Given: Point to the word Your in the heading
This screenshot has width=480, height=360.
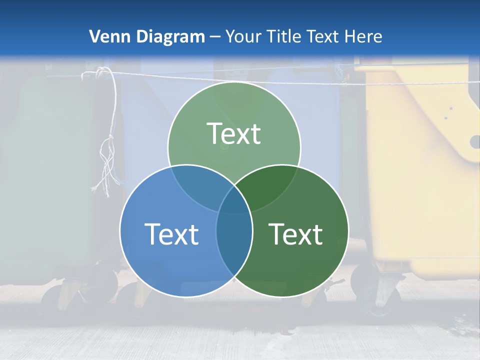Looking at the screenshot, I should click(244, 36).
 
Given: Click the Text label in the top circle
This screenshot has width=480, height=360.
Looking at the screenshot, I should click(234, 133).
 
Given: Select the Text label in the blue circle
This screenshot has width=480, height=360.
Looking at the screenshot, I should click(171, 234).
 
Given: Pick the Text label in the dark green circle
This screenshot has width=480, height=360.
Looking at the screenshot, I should click(296, 234).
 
